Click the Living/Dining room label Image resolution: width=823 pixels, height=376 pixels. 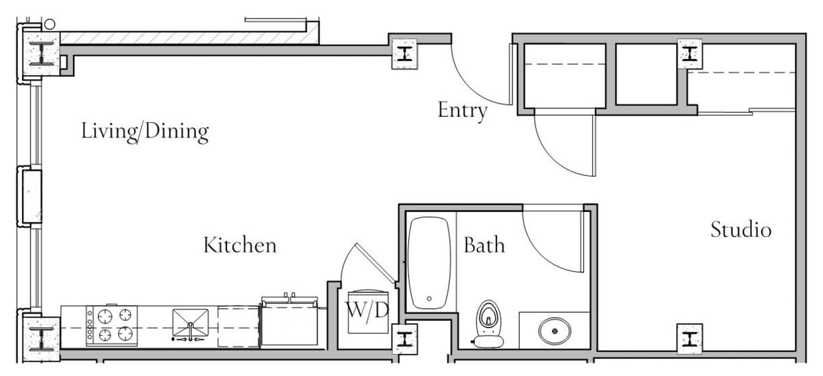(145, 131)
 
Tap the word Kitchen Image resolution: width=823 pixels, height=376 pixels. (239, 245)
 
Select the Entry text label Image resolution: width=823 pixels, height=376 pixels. (462, 110)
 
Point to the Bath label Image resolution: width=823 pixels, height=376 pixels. (484, 245)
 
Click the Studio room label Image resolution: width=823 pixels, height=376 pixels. (741, 230)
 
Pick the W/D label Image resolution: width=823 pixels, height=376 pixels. (366, 309)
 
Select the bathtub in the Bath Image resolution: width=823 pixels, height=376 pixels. (429, 263)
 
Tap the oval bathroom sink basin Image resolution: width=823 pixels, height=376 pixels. (554, 330)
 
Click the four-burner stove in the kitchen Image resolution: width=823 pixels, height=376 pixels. (112, 326)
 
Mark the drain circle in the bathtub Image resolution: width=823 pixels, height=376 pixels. (429, 299)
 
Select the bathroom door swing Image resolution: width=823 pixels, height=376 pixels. (551, 239)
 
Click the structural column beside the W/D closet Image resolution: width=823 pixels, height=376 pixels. (404, 339)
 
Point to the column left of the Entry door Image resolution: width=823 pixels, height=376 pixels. (404, 53)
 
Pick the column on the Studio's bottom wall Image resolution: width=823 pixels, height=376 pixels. (690, 339)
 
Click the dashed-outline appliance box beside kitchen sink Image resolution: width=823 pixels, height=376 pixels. (238, 326)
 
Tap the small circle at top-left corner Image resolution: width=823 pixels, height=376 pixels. (49, 24)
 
